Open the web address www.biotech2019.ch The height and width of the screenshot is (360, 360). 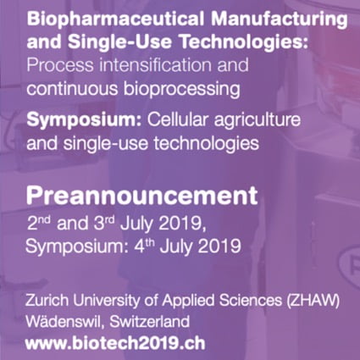pos(114,345)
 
